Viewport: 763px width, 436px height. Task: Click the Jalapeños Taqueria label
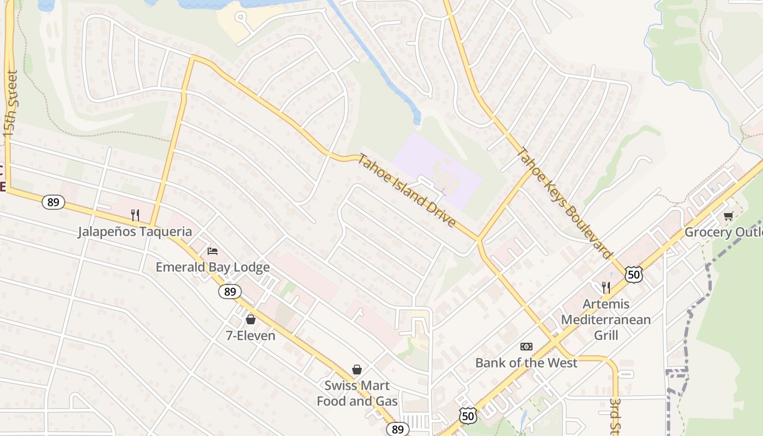pos(135,232)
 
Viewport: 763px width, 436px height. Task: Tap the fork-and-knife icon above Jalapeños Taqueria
pos(135,215)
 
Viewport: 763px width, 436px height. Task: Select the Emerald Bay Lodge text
pos(213,267)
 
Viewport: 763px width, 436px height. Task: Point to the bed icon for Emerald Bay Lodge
pos(213,251)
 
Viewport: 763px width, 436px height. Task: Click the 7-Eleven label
pos(251,336)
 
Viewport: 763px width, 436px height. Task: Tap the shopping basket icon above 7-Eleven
pos(251,319)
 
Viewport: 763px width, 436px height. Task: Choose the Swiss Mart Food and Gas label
pos(357,393)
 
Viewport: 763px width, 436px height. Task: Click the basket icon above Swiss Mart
pos(357,370)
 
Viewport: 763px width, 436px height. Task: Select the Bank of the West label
pos(526,363)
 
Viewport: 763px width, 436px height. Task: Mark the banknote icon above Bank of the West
pos(526,347)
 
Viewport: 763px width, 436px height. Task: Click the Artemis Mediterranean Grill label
pos(605,319)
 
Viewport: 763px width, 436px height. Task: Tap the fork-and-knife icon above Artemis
pos(605,287)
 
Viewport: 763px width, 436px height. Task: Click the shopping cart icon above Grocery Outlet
pos(729,216)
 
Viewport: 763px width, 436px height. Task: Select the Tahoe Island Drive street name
pos(407,191)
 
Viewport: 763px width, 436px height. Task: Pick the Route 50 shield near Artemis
pos(634,275)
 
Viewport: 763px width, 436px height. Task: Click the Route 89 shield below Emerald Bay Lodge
pos(230,292)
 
